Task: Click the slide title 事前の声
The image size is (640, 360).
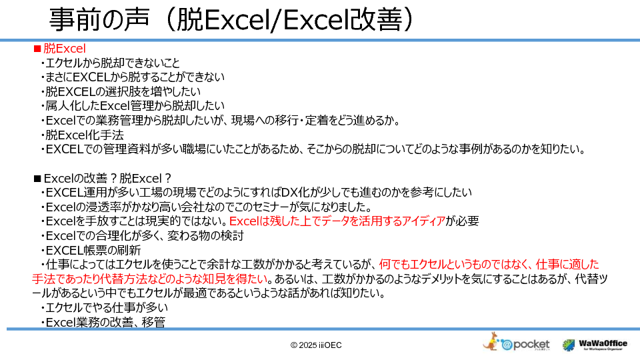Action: [x=99, y=19]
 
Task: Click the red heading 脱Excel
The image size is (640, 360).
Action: [x=65, y=49]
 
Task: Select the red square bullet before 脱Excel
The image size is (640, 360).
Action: [x=37, y=49]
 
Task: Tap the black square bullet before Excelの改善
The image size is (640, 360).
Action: [x=37, y=179]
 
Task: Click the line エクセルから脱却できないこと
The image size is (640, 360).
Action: [x=110, y=63]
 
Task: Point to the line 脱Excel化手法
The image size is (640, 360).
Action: [x=83, y=135]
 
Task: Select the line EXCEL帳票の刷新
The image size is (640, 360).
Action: [x=91, y=250]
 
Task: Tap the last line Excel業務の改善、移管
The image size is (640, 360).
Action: [x=103, y=322]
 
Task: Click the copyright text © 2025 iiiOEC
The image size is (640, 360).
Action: [x=316, y=345]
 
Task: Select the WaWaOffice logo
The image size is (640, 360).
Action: [x=595, y=345]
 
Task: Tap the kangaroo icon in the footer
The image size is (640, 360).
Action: [x=491, y=341]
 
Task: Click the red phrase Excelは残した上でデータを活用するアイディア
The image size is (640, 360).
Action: [x=337, y=221]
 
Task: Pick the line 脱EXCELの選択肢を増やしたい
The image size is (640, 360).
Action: [x=121, y=91]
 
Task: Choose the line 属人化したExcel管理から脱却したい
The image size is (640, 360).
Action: [x=133, y=106]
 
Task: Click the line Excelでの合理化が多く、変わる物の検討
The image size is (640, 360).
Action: [x=143, y=235]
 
